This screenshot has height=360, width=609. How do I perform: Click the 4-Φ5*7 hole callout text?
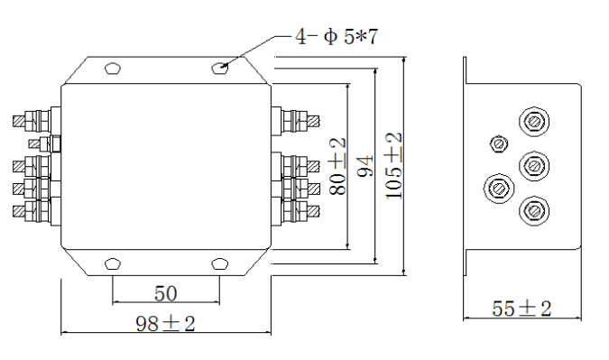[x=337, y=37]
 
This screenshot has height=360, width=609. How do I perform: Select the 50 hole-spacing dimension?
[x=166, y=293]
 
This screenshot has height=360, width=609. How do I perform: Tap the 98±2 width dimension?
[x=165, y=324]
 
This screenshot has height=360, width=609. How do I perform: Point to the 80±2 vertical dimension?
[x=337, y=166]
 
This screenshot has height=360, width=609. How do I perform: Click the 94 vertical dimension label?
[x=365, y=166]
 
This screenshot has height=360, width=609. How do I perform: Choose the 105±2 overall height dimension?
[x=393, y=166]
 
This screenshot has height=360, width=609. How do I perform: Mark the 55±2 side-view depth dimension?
[x=521, y=309]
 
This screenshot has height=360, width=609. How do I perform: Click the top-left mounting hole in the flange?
[x=113, y=69]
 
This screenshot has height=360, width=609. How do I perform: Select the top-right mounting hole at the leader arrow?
[x=219, y=69]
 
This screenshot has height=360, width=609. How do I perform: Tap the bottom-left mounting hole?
[x=113, y=263]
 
